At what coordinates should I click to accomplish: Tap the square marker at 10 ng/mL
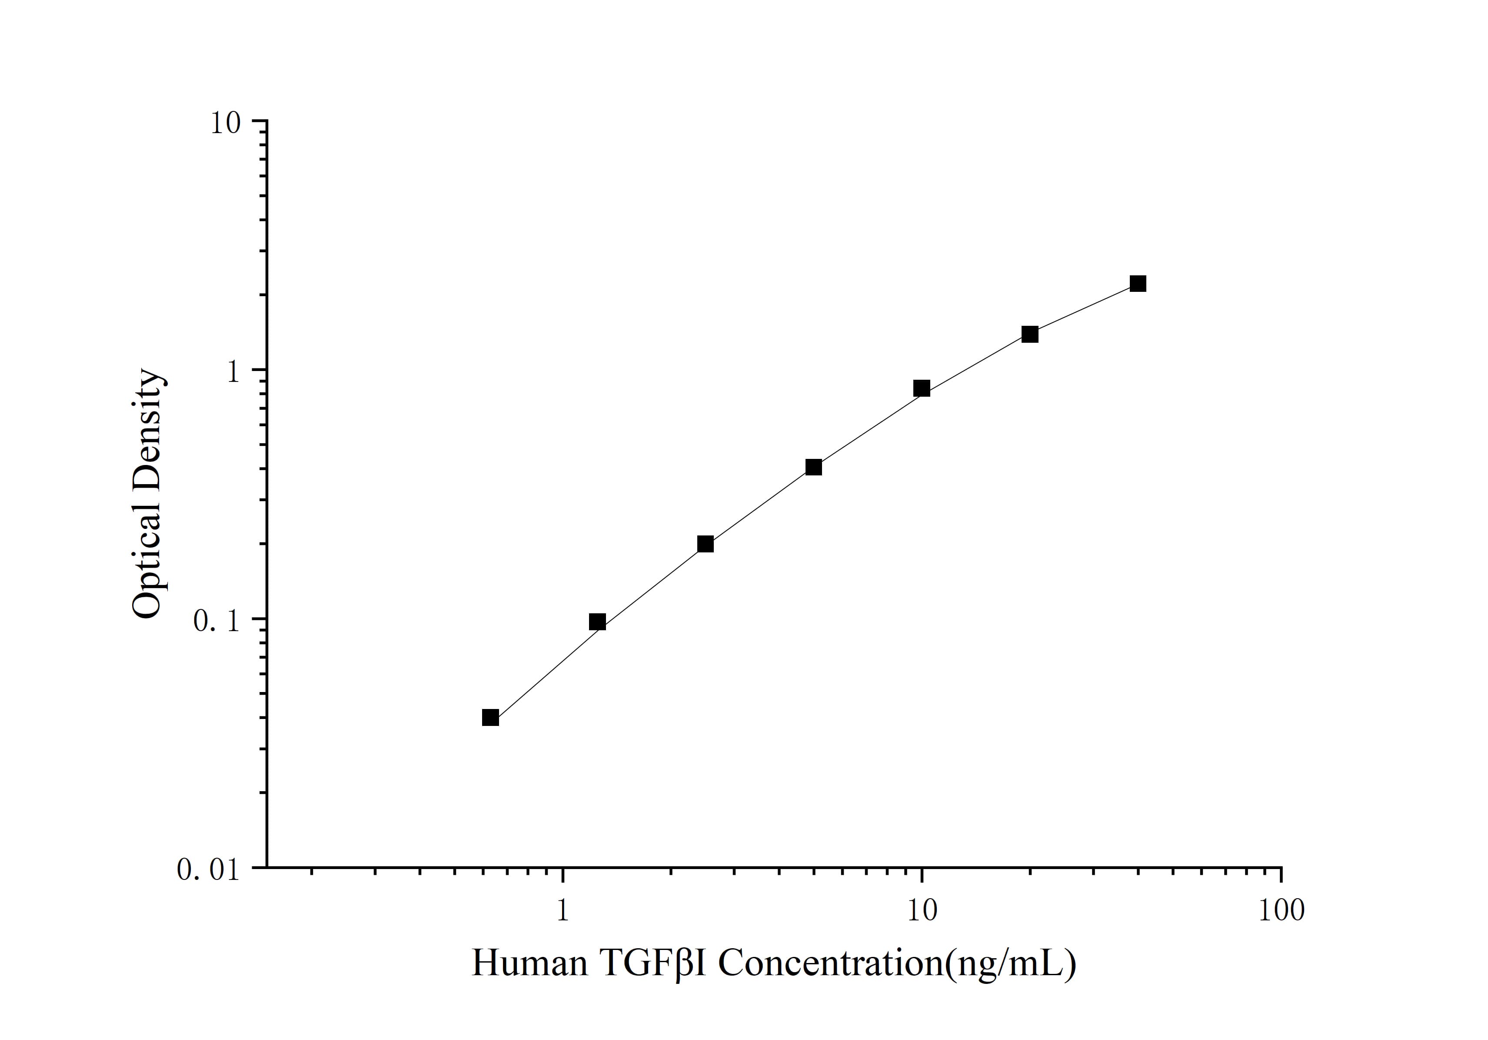point(922,388)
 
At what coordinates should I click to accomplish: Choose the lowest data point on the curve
point(491,718)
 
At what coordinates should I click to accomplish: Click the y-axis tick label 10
point(225,123)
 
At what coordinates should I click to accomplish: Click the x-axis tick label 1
point(563,911)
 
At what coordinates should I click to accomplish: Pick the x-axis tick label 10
point(922,911)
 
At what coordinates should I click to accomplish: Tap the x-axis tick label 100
point(1281,911)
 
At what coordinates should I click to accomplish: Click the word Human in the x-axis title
point(529,963)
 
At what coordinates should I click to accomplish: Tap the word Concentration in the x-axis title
point(830,963)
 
